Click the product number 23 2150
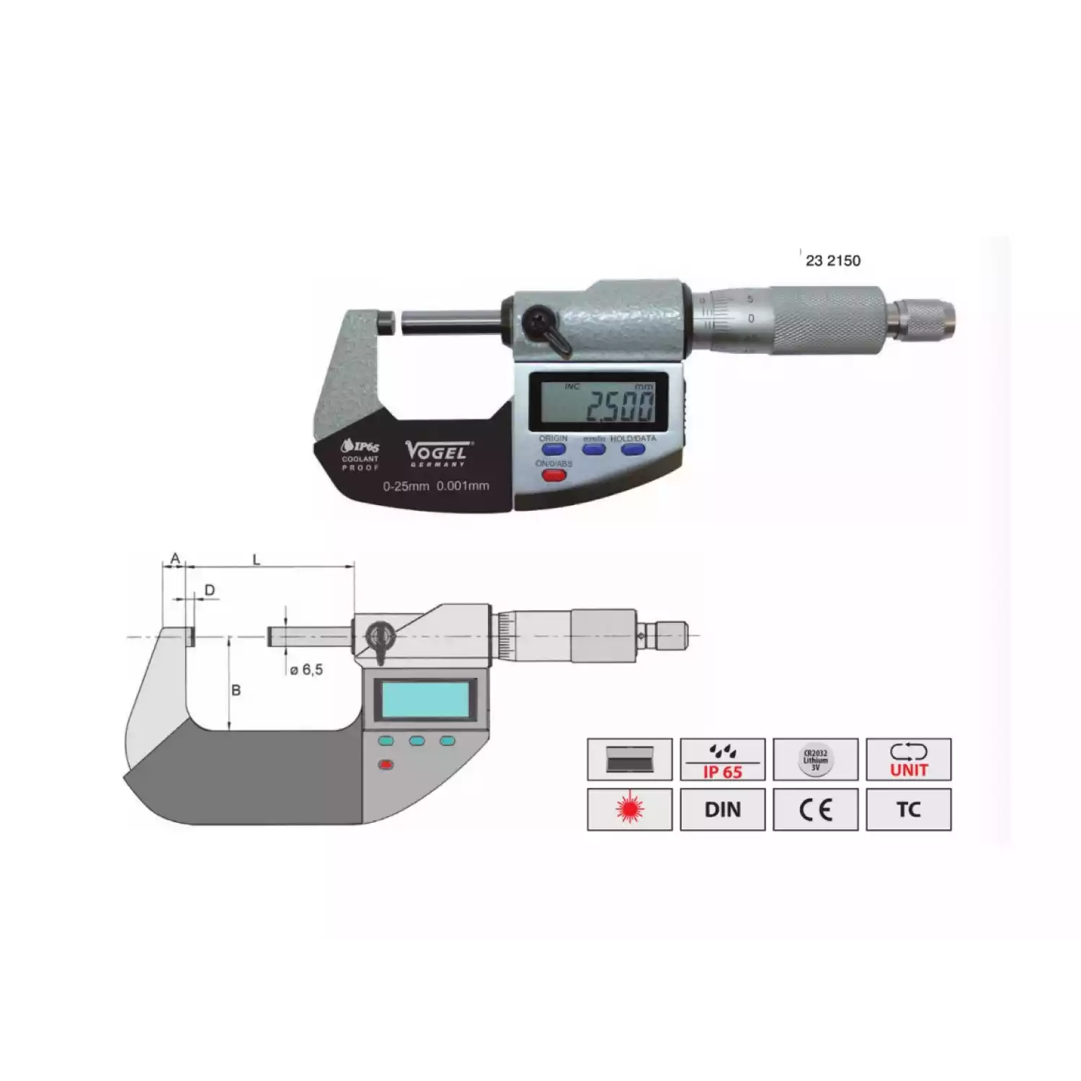coord(833,261)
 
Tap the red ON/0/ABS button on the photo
coord(553,476)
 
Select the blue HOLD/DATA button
coord(633,450)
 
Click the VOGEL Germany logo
coord(436,453)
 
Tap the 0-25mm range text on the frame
coord(406,486)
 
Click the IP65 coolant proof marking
coord(360,454)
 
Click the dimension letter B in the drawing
coord(236,690)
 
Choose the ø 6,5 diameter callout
coord(306,670)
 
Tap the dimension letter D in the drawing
coord(210,591)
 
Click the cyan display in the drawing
coord(425,699)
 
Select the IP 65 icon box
coord(722,759)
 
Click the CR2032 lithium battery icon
coord(815,759)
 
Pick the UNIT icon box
coord(908,759)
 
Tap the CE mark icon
coord(815,809)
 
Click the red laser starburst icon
coord(629,809)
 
